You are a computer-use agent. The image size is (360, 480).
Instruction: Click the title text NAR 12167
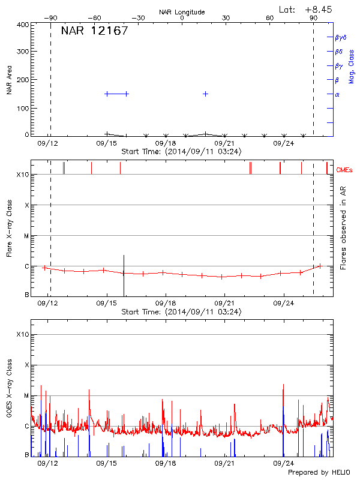(94, 31)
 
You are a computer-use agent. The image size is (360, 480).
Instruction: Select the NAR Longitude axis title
(182, 12)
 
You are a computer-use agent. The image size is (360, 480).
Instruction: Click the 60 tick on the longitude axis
(270, 19)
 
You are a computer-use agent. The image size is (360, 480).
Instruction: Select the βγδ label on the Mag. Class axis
(341, 37)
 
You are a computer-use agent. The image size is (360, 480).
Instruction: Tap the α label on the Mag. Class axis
(337, 94)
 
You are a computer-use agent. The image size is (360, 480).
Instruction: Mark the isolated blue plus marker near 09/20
(206, 94)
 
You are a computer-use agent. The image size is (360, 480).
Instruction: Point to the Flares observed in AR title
(343, 228)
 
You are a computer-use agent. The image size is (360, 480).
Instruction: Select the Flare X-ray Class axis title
(10, 228)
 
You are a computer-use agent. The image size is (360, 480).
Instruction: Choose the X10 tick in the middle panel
(23, 175)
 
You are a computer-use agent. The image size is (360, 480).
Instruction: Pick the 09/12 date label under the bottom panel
(48, 463)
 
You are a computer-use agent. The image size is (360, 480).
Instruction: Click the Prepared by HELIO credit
(319, 473)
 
